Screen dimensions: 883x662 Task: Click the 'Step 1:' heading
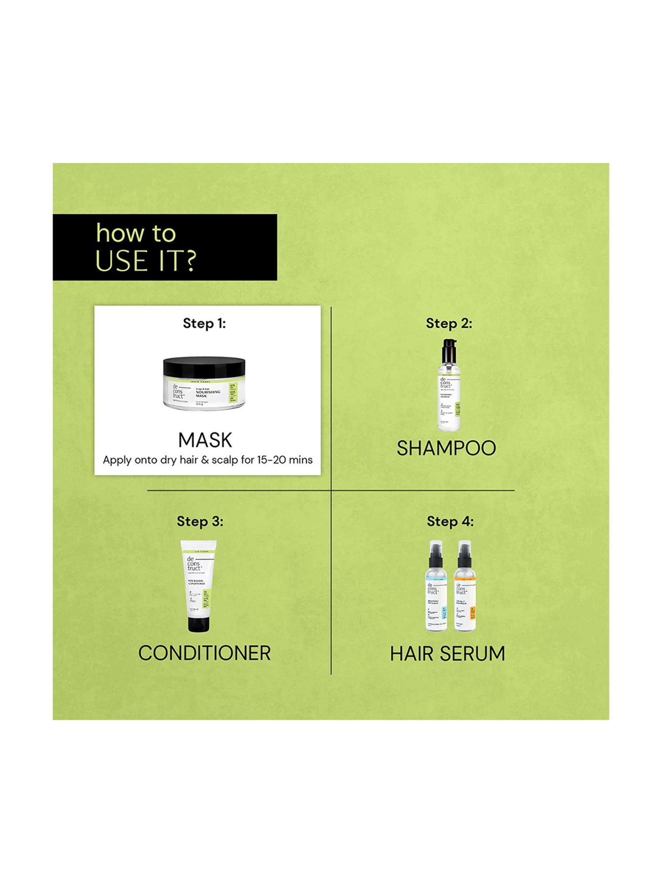[204, 324]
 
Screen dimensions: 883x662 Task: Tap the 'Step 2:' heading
[449, 324]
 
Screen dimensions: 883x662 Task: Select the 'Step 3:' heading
[200, 521]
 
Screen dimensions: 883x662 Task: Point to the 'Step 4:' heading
[450, 521]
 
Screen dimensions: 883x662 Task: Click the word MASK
[205, 440]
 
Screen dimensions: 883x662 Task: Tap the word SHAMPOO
[446, 449]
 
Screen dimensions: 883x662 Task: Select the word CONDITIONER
[204, 653]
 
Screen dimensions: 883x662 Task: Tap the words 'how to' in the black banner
[136, 233]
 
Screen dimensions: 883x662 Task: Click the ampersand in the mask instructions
[205, 460]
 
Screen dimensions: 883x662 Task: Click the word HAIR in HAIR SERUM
[412, 654]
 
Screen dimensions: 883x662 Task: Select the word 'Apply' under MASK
[117, 460]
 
